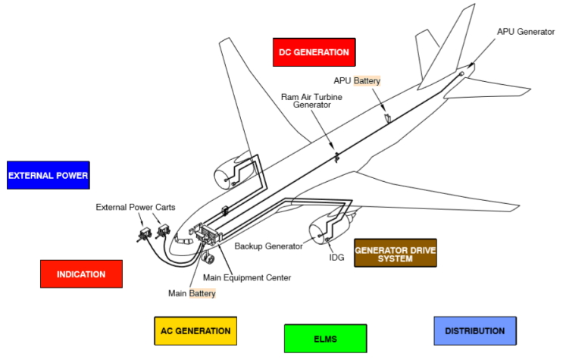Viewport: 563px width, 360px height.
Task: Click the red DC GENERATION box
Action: point(314,52)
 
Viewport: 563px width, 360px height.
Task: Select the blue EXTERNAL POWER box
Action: point(48,175)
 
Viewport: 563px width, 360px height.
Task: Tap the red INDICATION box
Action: point(81,274)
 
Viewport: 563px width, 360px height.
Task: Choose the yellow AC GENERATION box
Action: point(195,330)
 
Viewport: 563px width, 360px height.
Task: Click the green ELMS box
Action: point(325,338)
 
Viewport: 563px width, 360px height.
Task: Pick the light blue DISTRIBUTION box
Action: point(474,330)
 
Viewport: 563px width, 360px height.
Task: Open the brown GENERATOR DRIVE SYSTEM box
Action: point(395,253)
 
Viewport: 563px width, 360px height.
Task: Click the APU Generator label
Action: point(526,32)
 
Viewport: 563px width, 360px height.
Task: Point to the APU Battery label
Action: point(357,80)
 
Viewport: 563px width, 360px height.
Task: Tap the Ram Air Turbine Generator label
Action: point(306,101)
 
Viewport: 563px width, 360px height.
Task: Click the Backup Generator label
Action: point(268,246)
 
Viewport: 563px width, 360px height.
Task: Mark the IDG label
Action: point(336,258)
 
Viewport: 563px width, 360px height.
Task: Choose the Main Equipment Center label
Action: point(246,277)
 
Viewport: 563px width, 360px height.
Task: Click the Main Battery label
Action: point(192,293)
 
